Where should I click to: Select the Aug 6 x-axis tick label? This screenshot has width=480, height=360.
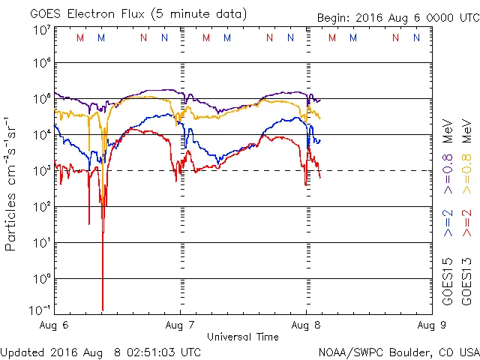53,325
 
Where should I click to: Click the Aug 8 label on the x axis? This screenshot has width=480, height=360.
305,325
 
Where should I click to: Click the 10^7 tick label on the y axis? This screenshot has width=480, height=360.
40,29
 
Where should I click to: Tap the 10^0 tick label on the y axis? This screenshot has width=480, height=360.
40,278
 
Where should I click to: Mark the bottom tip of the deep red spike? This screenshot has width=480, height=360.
102,310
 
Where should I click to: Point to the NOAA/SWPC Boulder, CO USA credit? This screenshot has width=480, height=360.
397,352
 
